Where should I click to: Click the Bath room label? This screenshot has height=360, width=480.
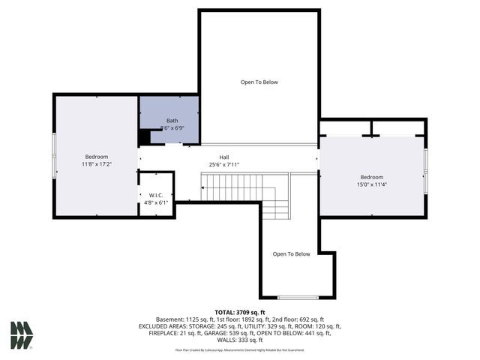(x=172, y=121)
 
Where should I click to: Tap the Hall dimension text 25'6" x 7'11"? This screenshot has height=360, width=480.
(x=224, y=165)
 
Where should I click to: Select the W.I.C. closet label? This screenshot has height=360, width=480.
(x=155, y=195)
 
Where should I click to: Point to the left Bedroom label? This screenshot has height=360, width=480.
(x=95, y=156)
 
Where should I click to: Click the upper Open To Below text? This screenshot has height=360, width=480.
(x=259, y=82)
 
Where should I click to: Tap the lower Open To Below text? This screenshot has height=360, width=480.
(x=291, y=254)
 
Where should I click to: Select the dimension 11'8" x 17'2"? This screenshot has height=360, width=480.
(x=96, y=163)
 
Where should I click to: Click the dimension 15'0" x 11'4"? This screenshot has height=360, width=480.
(x=371, y=184)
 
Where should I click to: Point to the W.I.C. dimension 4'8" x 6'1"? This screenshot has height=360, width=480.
(x=156, y=202)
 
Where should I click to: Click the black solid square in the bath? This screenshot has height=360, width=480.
(x=145, y=138)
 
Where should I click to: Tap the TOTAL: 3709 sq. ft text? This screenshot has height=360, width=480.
(x=240, y=312)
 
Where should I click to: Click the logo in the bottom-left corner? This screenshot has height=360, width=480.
(x=22, y=335)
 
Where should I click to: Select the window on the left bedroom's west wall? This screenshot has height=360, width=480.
(x=53, y=155)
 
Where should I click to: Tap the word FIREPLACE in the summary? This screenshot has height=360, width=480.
(x=157, y=333)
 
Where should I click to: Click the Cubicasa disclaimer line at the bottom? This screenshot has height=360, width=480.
(x=240, y=349)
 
